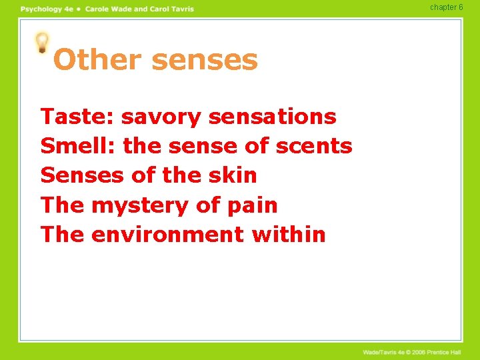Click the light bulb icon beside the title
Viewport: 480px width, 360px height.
point(42,43)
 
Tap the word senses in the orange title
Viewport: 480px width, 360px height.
point(204,60)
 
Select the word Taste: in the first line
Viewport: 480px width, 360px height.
point(78,117)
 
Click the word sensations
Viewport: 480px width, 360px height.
point(272,117)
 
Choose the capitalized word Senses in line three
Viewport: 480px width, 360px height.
point(82,175)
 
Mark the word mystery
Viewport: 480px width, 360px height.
point(139,205)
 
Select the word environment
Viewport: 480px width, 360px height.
point(167,235)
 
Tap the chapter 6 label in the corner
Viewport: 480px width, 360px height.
point(446,7)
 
